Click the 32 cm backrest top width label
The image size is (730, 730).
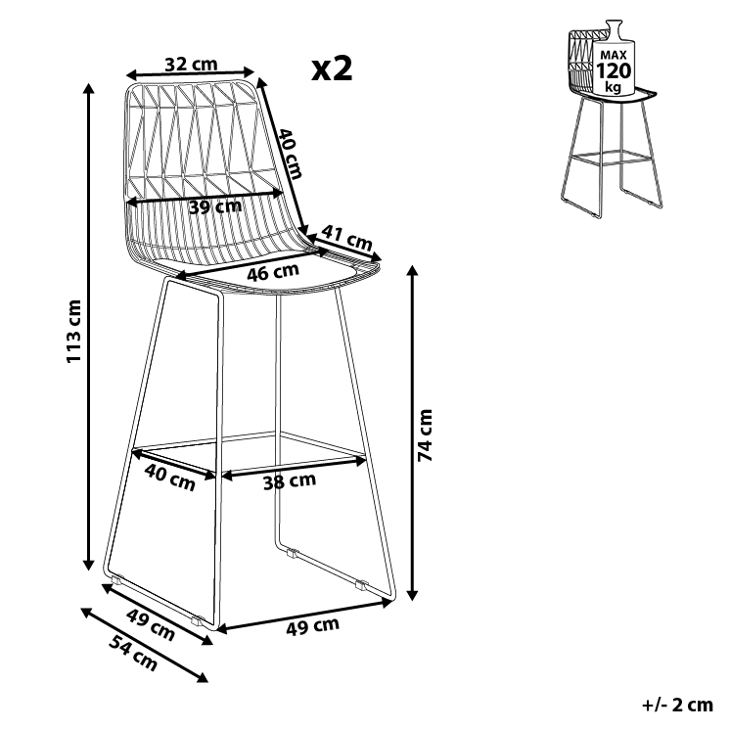191,65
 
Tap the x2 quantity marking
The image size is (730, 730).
331,68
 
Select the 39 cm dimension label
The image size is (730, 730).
214,206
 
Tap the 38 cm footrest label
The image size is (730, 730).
289,480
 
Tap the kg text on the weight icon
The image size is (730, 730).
614,87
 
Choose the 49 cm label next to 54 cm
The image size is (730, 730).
151,625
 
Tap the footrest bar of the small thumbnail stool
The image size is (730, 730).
604,155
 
